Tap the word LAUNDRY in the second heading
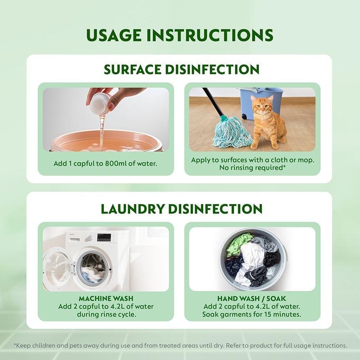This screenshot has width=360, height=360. coord(133,209)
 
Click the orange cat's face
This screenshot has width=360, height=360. coord(262,106)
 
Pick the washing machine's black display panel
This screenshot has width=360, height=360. coord(104,238)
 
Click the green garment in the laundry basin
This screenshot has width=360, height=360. coord(238,244)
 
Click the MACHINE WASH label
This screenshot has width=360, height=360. coord(106,299)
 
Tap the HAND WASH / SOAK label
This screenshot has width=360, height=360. coord(252,299)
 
